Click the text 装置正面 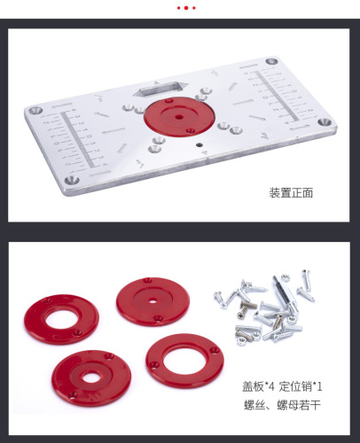[x=291, y=192]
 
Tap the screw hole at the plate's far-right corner [x=325, y=121]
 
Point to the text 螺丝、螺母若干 [x=281, y=407]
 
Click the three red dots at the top [x=185, y=8]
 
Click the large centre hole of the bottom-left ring [x=90, y=377]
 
